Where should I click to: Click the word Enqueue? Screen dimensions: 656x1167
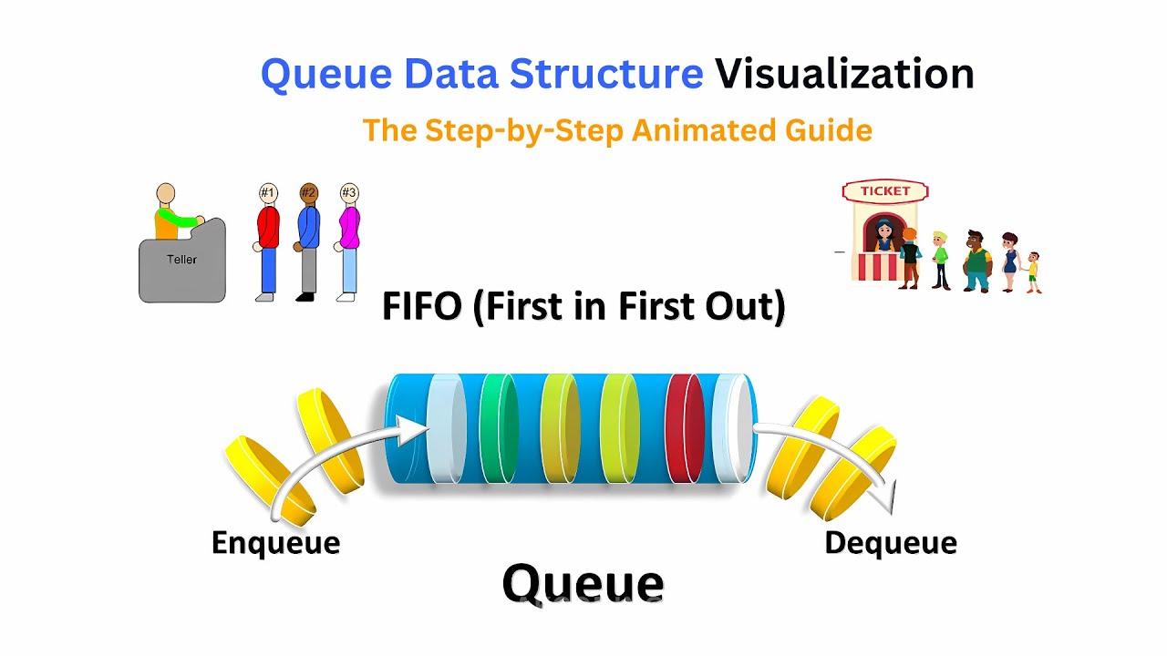[275, 543]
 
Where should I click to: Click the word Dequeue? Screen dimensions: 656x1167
[890, 543]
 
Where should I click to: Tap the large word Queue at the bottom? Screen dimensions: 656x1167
[583, 584]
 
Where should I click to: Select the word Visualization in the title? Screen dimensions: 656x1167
[843, 74]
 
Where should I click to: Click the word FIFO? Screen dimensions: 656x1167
[420, 307]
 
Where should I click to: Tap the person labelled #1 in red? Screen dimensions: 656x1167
[266, 241]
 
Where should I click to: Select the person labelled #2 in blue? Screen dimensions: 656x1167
[308, 241]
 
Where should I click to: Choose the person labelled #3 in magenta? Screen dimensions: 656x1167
[349, 241]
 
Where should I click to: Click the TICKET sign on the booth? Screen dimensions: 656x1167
[884, 191]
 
